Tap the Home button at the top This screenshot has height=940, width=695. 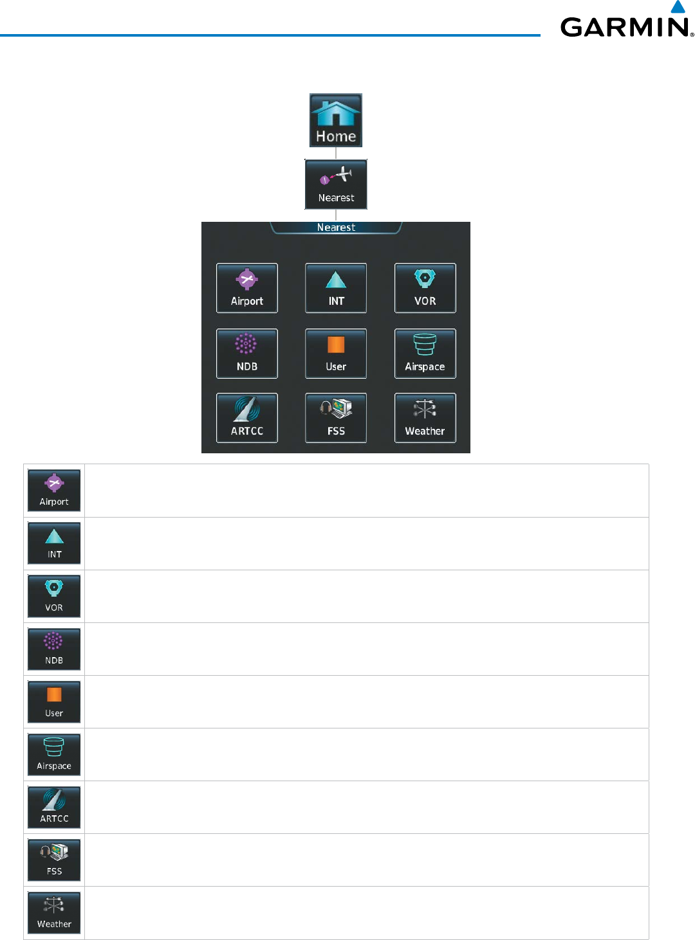336,120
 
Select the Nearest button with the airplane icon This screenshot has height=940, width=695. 336,185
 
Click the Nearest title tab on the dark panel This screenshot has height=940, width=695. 336,228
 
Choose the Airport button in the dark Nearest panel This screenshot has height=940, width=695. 247,288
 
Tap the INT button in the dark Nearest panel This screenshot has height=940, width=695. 336,288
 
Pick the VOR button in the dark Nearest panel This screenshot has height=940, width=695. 425,288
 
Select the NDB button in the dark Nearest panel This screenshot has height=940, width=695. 247,354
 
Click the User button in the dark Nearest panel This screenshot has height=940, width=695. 336,354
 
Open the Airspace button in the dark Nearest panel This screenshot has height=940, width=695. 425,354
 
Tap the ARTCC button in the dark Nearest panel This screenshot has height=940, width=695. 247,418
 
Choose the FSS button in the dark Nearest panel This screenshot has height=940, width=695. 336,418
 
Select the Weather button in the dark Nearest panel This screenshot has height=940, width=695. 425,418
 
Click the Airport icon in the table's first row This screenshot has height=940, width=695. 54,491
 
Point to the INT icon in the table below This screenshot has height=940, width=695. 54,543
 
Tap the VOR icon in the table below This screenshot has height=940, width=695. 54,596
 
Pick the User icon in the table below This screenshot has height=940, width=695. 54,702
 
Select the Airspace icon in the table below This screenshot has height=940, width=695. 54,755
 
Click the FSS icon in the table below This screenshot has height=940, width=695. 54,860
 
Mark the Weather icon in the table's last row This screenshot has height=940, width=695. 54,913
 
